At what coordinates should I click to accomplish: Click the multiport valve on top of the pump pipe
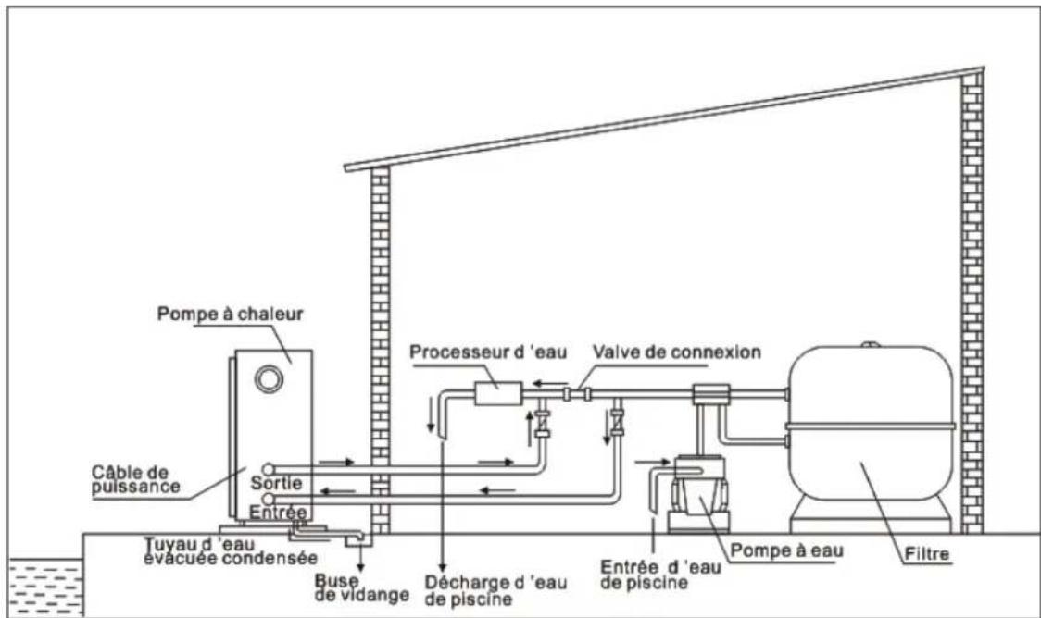point(709,393)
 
